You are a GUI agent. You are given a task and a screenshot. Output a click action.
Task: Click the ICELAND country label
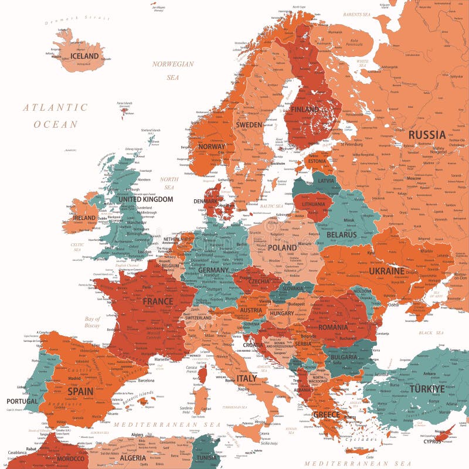pos(84,56)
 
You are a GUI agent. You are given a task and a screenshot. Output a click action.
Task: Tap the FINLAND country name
pos(304,109)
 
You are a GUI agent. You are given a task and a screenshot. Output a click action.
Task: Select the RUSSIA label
pos(427,135)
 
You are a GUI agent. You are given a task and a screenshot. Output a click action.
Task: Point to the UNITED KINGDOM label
pos(145,199)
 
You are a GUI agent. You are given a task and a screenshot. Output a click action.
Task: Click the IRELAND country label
pos(84,217)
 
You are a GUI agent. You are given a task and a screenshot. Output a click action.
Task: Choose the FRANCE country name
pos(158,301)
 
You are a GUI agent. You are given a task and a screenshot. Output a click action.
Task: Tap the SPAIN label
pos(80,390)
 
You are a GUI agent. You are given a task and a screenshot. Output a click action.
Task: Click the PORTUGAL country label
pos(22,402)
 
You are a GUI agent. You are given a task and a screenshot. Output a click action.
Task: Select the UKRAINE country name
pos(386,271)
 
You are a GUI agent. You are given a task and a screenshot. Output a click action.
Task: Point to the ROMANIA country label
pos(333,327)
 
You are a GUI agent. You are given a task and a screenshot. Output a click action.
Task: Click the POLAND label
pos(282,247)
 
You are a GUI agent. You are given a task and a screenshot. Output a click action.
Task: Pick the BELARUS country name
pos(341,235)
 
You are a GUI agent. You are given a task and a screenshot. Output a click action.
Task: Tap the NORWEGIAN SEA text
pos(173,70)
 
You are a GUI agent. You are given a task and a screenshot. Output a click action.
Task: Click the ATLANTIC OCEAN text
pos(55,115)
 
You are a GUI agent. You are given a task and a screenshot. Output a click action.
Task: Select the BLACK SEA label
pos(431,332)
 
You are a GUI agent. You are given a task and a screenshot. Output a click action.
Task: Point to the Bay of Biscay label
pos(92,322)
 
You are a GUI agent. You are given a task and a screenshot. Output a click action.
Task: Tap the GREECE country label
pos(327,415)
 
